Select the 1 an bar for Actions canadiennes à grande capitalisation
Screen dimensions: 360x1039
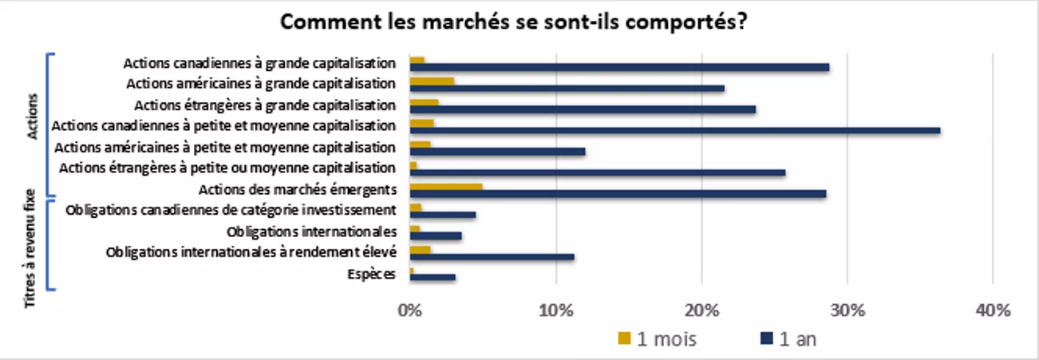point(618,67)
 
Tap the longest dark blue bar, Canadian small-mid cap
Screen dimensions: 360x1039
point(674,130)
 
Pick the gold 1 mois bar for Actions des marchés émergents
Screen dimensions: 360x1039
point(445,187)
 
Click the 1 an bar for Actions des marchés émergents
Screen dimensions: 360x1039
point(617,193)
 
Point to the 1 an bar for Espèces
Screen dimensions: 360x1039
point(432,278)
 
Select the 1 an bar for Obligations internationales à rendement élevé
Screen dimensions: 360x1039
point(492,257)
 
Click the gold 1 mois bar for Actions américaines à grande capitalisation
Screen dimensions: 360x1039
point(432,81)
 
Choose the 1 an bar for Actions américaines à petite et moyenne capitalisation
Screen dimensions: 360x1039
point(497,152)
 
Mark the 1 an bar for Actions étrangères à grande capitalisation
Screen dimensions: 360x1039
point(582,109)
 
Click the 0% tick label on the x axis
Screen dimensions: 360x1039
point(409,310)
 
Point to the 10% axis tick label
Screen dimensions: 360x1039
point(555,310)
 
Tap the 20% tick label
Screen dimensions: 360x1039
point(701,310)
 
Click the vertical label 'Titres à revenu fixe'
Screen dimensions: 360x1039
point(31,248)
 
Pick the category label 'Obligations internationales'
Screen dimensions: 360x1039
point(311,232)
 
